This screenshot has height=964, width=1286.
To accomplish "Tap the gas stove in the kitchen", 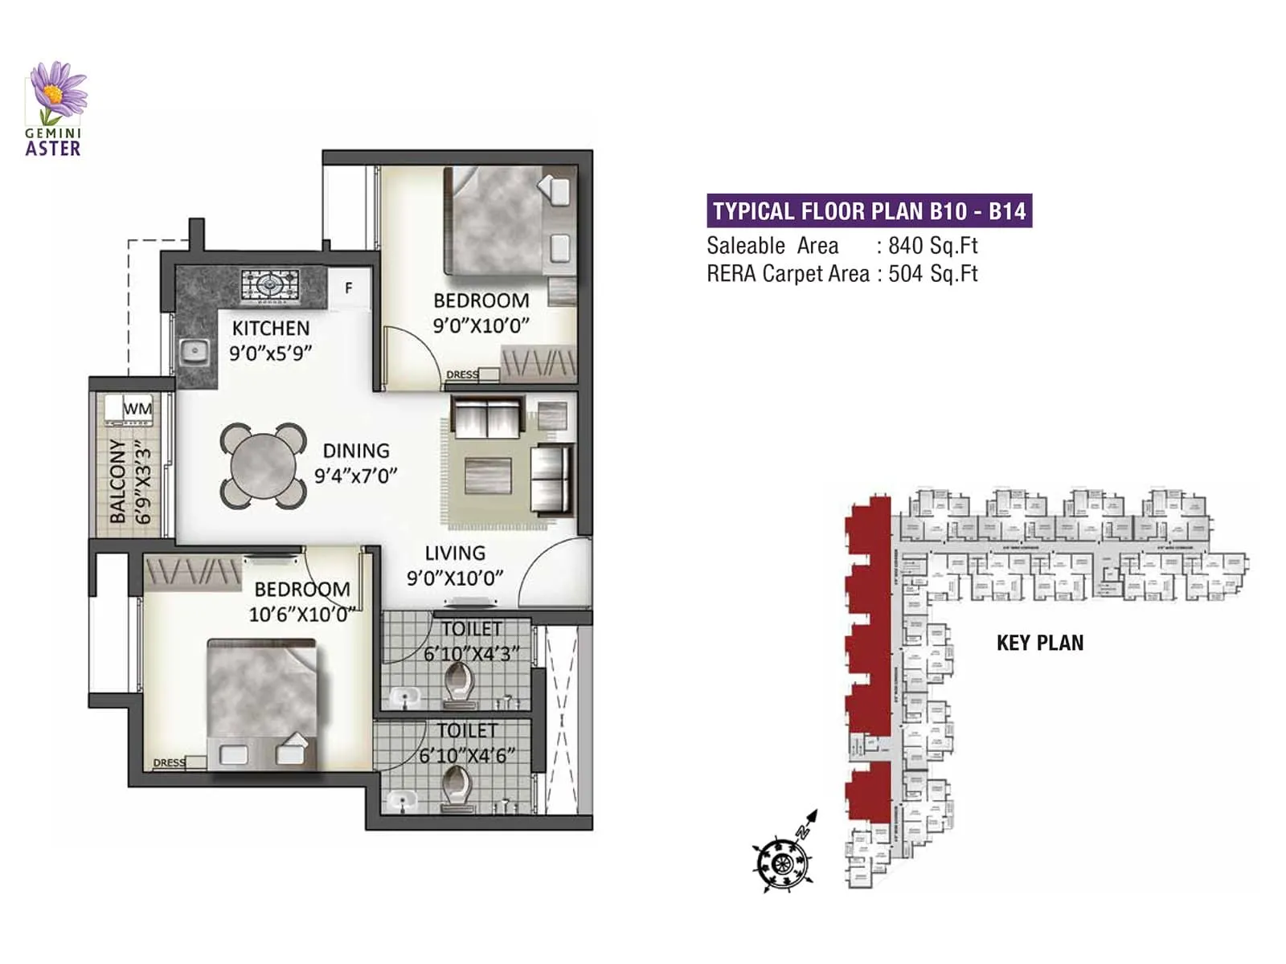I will click(x=270, y=285).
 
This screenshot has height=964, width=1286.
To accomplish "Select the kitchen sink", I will click(x=192, y=351).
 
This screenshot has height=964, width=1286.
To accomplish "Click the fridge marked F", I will click(x=349, y=288).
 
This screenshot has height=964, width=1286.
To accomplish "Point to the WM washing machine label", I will click(x=137, y=409).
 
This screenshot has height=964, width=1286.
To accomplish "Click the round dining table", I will click(x=264, y=466).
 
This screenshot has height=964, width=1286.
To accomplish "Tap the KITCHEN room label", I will click(x=270, y=328).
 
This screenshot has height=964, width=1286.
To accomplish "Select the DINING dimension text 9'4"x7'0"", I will click(x=355, y=476).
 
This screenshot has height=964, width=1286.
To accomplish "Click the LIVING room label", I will click(x=455, y=553).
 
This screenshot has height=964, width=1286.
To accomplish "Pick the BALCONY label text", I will click(x=118, y=480).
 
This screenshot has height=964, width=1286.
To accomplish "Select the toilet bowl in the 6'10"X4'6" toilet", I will click(x=457, y=785).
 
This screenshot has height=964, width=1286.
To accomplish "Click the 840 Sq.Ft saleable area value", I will click(x=932, y=246).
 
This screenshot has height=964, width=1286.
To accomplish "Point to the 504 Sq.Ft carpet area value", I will click(x=932, y=274).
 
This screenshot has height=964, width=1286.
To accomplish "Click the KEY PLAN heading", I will click(x=1040, y=643).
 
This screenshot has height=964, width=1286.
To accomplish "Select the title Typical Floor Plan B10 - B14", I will click(x=869, y=211).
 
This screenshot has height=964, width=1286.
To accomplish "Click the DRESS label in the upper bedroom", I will click(x=462, y=374).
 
